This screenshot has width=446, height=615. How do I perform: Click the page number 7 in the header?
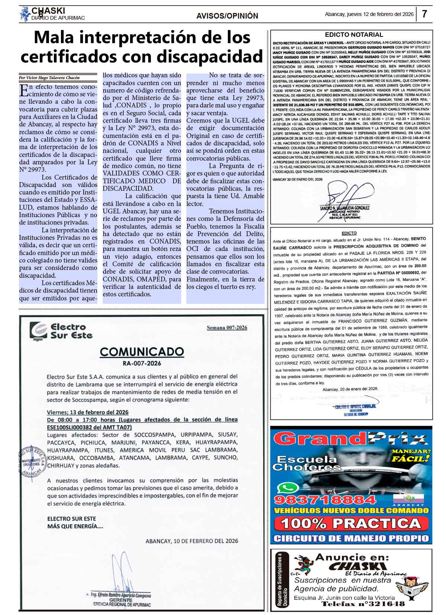coord(424,15)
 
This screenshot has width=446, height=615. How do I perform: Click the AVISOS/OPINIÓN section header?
coord(227,16)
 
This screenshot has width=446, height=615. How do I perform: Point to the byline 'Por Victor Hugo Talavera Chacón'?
coord(49,78)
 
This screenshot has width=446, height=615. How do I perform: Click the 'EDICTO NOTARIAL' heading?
coord(353,35)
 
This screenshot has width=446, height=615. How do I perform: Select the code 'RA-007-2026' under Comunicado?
coord(142,363)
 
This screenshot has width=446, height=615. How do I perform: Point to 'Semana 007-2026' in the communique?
coord(227,328)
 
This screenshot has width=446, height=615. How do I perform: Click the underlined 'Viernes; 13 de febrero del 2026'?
coord(88,412)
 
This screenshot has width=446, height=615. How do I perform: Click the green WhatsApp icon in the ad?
coord(289,488)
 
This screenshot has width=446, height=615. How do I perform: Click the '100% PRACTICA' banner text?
coord(350,524)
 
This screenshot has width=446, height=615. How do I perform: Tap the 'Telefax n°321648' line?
coord(363,604)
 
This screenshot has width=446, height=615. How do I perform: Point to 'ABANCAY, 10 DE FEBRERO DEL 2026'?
coord(192,541)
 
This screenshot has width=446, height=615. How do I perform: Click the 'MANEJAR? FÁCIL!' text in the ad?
coord(410,455)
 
